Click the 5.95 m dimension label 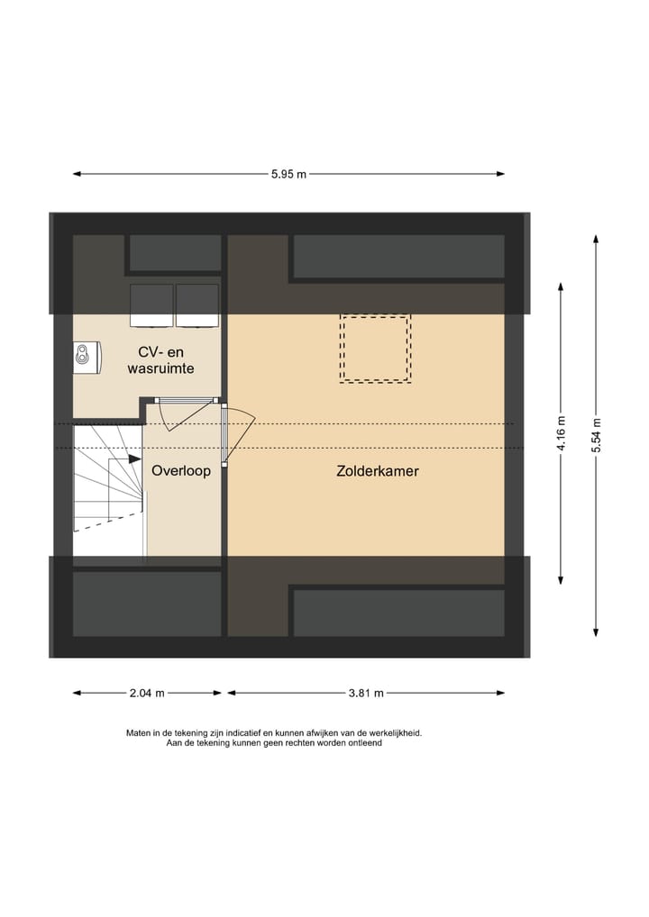click(x=288, y=175)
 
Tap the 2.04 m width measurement click(x=147, y=693)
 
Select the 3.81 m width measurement click(x=366, y=693)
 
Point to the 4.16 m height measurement click(x=561, y=432)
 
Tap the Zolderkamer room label click(x=378, y=470)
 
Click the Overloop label click(x=181, y=470)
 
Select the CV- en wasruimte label click(x=161, y=359)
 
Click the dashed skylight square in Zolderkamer click(x=375, y=349)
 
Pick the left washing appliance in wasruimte click(x=152, y=305)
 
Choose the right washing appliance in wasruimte click(x=197, y=305)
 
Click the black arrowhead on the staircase click(x=133, y=458)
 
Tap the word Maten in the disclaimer click(x=140, y=733)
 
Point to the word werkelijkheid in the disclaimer click(x=393, y=733)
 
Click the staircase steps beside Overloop click(x=106, y=491)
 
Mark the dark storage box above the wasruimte click(x=175, y=253)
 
